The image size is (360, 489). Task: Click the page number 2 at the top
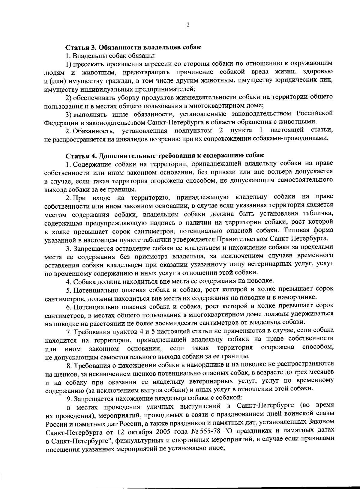coord(188,25)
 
